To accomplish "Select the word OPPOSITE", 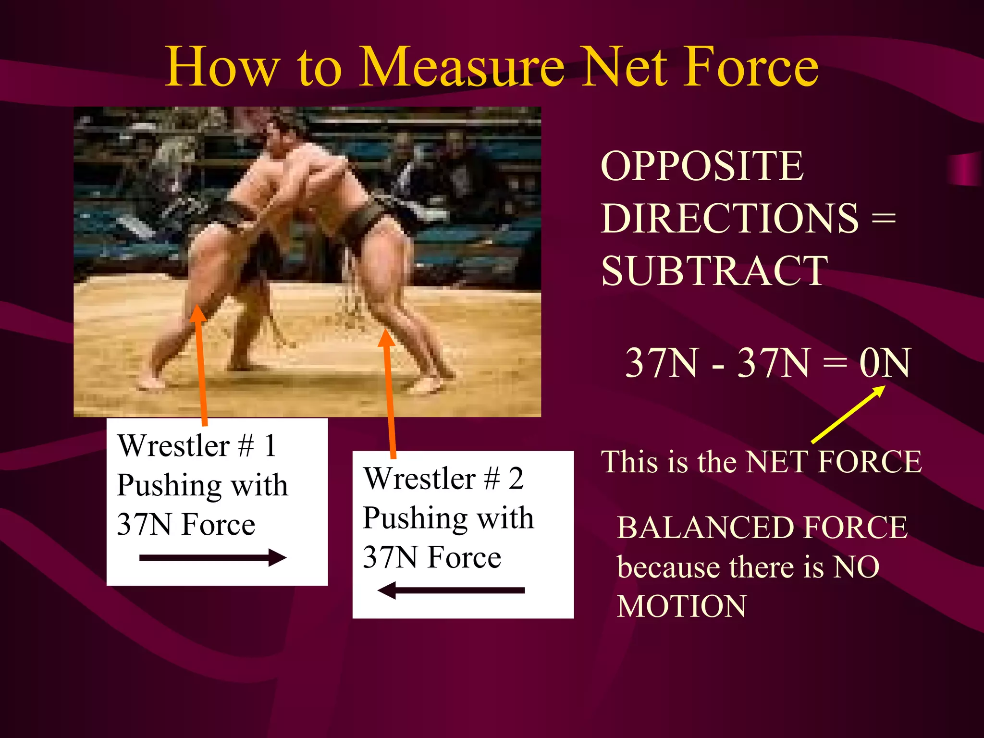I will coord(701,166).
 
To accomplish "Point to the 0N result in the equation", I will coord(884,363).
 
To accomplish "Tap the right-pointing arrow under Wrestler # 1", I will coord(213,558).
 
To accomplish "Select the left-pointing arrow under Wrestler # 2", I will coord(451,590).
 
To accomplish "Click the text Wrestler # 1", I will coord(197,445).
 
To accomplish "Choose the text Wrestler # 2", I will coord(443,479).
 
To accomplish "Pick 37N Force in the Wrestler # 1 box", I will coord(186,524).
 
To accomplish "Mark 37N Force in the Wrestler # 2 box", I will coord(431,557).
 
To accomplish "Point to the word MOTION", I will coord(682,606).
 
